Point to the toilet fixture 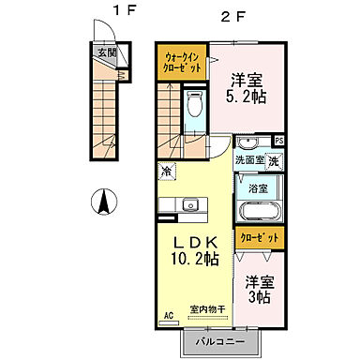point(194,105)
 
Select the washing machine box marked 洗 point(273,162)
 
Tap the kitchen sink point(191,205)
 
